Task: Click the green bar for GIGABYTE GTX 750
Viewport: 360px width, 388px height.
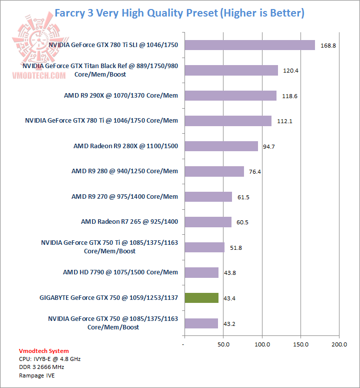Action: pos(201,298)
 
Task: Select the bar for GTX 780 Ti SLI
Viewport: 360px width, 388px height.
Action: pos(249,45)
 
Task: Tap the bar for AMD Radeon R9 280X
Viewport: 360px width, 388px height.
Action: pos(221,146)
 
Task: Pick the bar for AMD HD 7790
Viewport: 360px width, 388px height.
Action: pos(201,272)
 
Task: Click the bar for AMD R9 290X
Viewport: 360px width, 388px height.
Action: pos(230,96)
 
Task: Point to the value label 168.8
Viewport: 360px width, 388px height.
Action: pos(328,46)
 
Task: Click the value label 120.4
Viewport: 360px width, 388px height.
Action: pos(290,71)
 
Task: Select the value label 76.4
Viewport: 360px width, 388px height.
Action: pos(255,172)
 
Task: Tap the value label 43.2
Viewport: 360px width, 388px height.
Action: pos(229,323)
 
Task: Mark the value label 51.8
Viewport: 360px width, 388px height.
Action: pos(236,247)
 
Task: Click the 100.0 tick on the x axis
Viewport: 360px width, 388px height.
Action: pos(262,345)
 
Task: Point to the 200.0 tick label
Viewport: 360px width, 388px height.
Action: pos(339,345)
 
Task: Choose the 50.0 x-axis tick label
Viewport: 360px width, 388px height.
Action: pos(223,345)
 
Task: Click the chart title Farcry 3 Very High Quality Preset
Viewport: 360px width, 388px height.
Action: pos(179,13)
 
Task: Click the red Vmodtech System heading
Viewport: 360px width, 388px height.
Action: pos(44,351)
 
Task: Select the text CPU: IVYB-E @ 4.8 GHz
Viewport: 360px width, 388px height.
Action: pos(49,359)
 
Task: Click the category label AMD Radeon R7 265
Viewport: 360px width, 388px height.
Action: pos(129,221)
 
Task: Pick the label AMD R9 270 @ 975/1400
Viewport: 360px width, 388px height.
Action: pos(124,196)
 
